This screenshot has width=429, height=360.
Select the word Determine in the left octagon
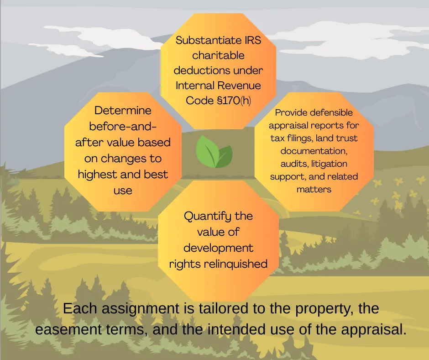123,111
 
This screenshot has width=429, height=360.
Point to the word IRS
251,40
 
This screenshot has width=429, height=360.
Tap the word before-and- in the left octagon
123,127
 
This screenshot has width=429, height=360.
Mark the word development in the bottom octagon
218,248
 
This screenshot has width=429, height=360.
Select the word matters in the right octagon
314,189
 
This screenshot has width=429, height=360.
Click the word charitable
218,55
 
